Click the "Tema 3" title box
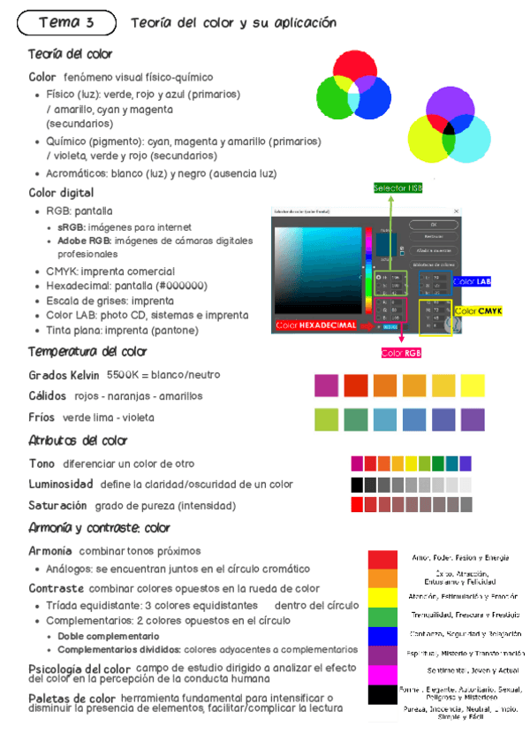[x=66, y=21]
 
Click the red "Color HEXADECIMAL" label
[x=315, y=325]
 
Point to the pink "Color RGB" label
[x=401, y=353]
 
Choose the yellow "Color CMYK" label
[x=478, y=311]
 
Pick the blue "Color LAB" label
[x=472, y=281]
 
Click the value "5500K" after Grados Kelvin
[x=124, y=375]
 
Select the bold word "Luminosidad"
[x=61, y=485]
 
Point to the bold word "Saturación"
[x=57, y=506]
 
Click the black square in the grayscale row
[x=357, y=485]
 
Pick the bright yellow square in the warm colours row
[x=473, y=386]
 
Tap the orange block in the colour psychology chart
[x=382, y=578]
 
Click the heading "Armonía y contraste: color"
[x=99, y=529]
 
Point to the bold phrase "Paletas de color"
[x=72, y=699]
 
